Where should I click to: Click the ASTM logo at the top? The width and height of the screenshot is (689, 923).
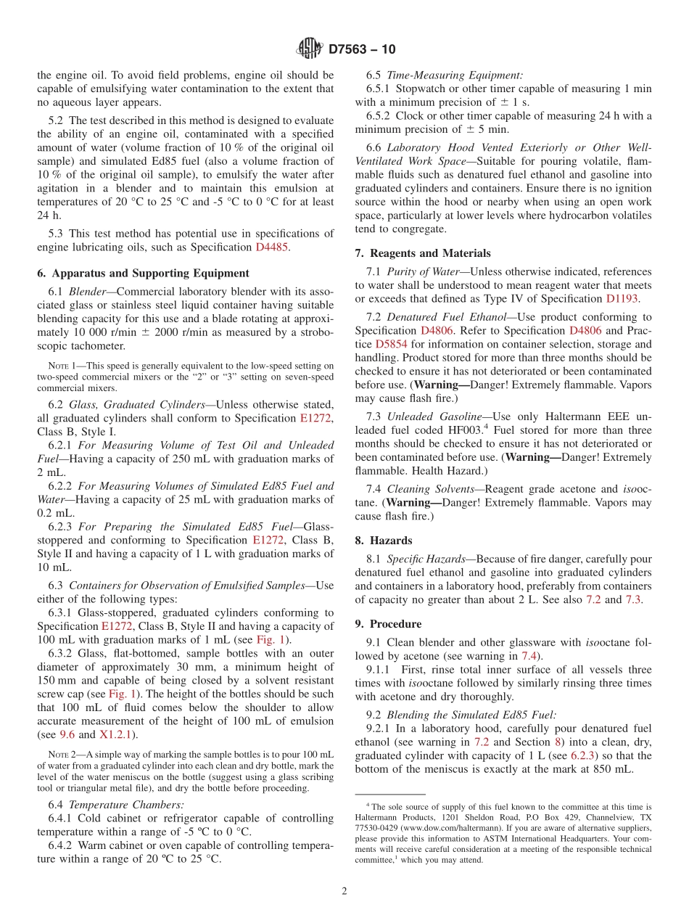309,49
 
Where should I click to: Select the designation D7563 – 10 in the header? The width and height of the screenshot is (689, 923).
362,49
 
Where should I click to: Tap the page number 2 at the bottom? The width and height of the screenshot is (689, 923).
344,891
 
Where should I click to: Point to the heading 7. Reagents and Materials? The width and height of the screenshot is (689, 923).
423,253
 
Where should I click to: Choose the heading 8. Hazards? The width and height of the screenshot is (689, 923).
383,541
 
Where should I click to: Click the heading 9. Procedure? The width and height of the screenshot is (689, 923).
388,623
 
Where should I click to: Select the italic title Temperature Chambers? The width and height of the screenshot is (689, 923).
117,804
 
